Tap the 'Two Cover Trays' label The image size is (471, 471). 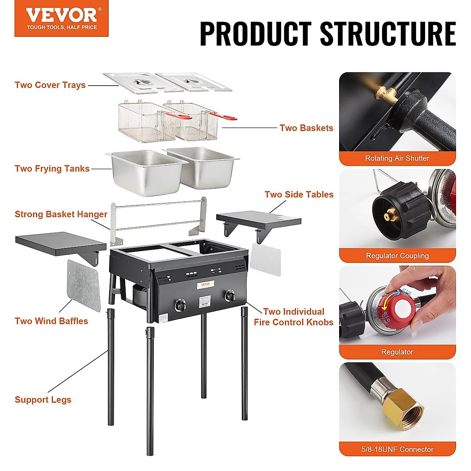[50, 85]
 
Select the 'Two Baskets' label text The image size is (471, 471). [306, 128]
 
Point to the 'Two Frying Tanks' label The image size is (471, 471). [52, 169]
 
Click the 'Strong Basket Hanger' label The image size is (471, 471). [61, 214]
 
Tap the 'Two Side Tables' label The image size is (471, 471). [299, 195]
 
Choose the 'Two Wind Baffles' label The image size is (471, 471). [51, 321]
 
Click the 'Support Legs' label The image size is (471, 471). [43, 400]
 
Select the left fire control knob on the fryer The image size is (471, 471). [180, 305]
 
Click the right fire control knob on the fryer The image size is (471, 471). [230, 296]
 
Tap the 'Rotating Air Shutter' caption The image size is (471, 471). [397, 158]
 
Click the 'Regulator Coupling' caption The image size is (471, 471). [397, 256]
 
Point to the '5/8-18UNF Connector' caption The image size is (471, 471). [397, 449]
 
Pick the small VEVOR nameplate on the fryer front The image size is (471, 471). [206, 285]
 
